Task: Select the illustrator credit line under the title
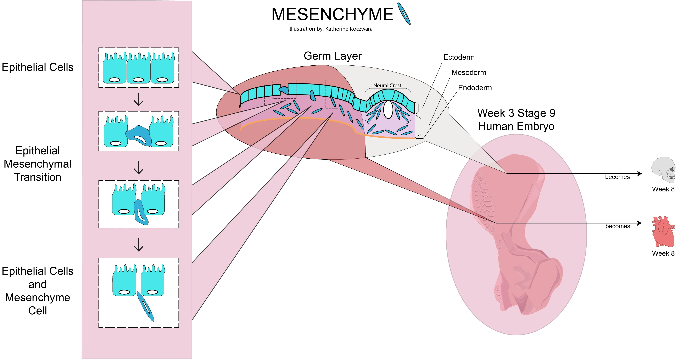331,29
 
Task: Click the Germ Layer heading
332,56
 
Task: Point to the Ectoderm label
459,57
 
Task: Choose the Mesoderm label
468,72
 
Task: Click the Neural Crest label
387,85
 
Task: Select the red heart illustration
663,231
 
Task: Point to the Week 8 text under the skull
663,189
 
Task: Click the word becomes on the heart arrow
618,226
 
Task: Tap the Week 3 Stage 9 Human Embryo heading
516,120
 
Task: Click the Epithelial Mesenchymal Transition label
38,164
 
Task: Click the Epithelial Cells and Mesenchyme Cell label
38,291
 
